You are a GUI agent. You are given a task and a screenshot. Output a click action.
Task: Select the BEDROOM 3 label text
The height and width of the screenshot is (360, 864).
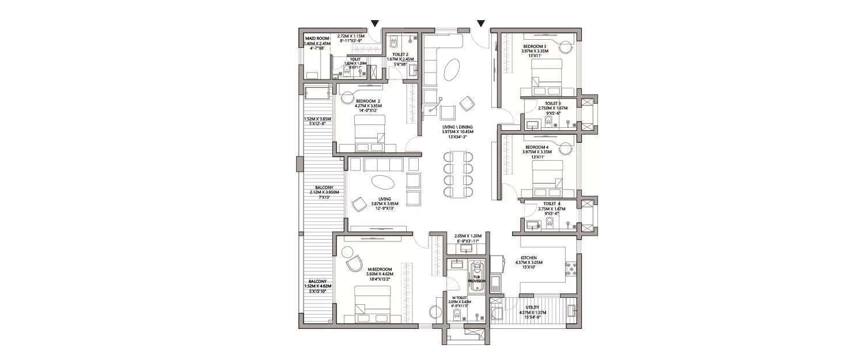pyautogui.click(x=536, y=46)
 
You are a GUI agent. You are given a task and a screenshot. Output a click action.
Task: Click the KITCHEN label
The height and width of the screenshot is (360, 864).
pyautogui.click(x=529, y=258)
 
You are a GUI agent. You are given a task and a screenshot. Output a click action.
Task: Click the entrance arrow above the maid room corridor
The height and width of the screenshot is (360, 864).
pyautogui.click(x=375, y=24)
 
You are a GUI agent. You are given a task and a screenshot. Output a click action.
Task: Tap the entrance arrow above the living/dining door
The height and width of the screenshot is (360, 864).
pyautogui.click(x=481, y=24)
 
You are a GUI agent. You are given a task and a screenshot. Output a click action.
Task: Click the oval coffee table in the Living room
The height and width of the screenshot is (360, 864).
pyautogui.click(x=383, y=182)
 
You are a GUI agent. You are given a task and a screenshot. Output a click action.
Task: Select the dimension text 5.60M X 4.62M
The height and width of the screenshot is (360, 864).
pyautogui.click(x=380, y=274)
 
